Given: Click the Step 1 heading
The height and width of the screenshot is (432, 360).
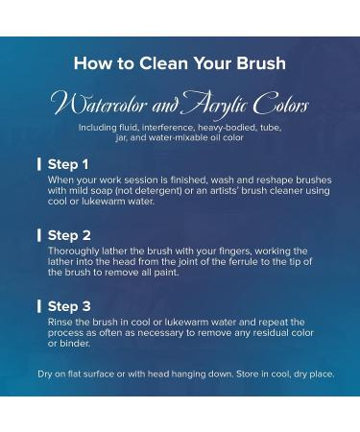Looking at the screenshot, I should tap(68, 164).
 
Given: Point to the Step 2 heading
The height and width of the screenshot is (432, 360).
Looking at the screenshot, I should tap(69, 235).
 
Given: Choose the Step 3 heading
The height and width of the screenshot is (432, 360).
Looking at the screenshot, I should tap(69, 306).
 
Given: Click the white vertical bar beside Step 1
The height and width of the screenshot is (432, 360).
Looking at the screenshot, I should tap(39, 164).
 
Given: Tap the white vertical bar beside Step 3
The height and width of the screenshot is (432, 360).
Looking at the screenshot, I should tap(39, 306).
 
